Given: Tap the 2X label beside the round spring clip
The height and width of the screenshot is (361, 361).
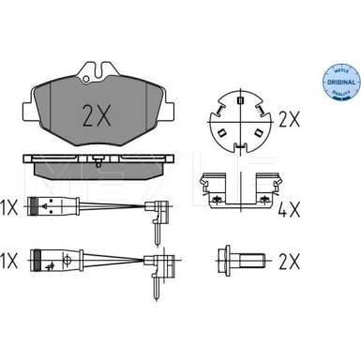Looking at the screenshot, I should [290, 121].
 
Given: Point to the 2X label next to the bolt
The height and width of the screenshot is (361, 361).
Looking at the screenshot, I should [290, 257].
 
